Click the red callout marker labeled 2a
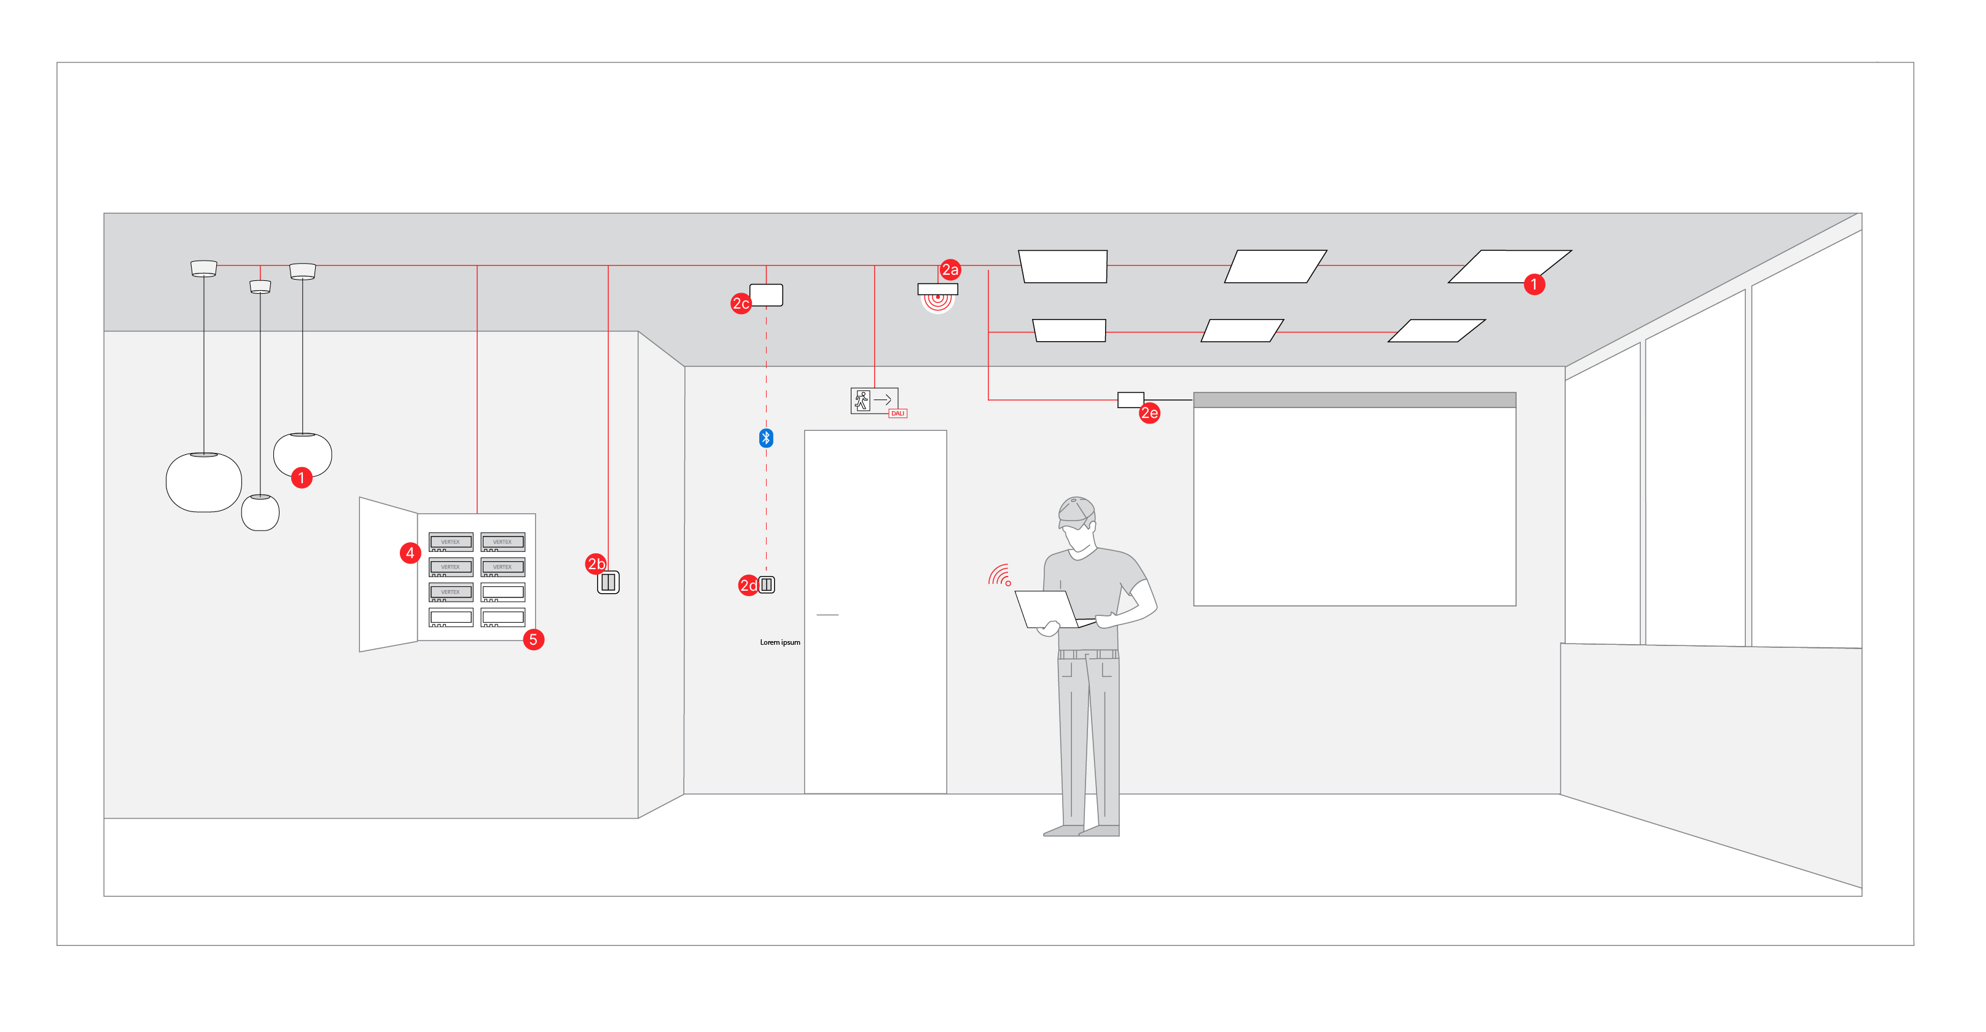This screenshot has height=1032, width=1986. pos(950,270)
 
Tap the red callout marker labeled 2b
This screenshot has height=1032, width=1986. pos(596,564)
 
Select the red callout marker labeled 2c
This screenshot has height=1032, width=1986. pos(740,303)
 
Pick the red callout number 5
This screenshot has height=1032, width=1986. pos(533,639)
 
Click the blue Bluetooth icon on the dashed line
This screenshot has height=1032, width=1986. pos(765,438)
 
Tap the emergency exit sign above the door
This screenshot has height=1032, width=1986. pos(874,400)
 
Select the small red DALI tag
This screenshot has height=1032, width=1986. pos(897,414)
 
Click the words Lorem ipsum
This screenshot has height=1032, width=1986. pos(780,642)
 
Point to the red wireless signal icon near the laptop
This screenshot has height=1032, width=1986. pos(1000,576)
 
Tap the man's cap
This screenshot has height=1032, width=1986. pos(1076,511)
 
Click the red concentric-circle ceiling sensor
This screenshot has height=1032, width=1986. pos(937,299)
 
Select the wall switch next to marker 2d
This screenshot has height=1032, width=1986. pos(767,585)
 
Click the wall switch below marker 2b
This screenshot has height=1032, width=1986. pos(608,582)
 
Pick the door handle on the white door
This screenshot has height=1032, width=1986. pos(827,615)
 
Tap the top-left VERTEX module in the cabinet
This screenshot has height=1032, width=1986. pos(451,542)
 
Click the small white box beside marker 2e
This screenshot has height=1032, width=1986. pos(1130,400)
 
